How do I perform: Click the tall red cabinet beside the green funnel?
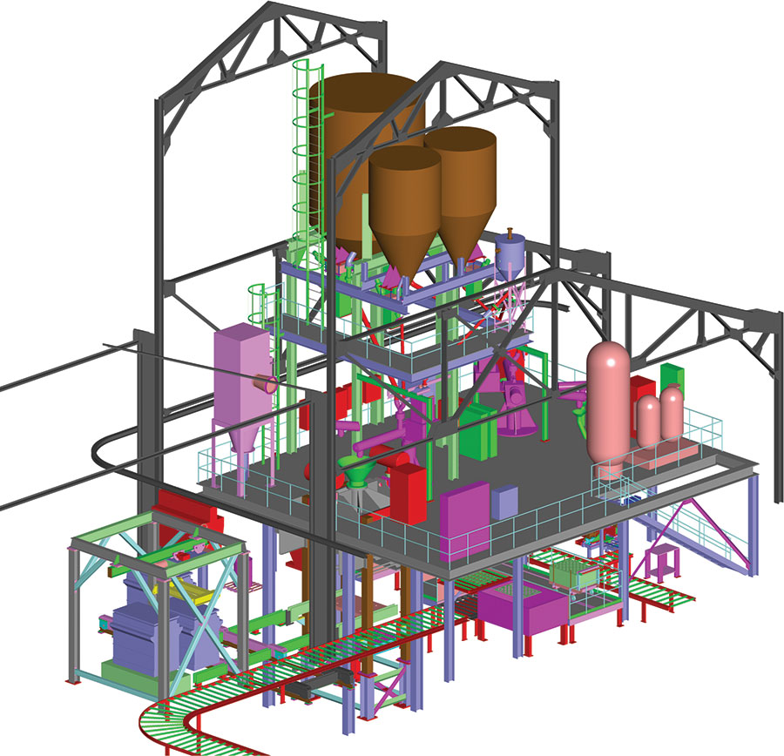(406, 493)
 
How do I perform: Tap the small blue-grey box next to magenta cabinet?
(504, 502)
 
